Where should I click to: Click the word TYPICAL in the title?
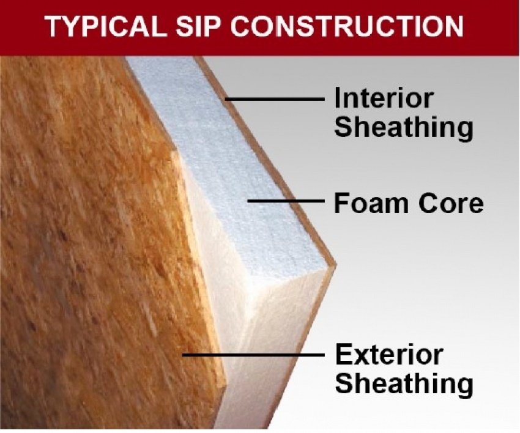click(106, 26)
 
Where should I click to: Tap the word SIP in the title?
click(198, 26)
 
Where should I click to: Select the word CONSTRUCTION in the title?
click(347, 26)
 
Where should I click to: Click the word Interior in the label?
click(384, 98)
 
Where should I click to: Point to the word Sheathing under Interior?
click(404, 128)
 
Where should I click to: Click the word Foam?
click(371, 202)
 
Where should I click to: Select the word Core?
click(451, 202)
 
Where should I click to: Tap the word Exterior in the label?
click(388, 355)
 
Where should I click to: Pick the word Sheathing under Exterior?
click(404, 384)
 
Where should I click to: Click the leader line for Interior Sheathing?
click(275, 99)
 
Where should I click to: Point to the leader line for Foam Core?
click(286, 200)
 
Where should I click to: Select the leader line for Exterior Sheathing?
click(254, 355)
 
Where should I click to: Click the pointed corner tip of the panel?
click(336, 265)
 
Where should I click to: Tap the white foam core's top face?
click(229, 166)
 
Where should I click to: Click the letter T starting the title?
click(54, 26)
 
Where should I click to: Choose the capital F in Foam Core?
click(341, 202)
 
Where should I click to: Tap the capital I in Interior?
click(338, 98)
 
